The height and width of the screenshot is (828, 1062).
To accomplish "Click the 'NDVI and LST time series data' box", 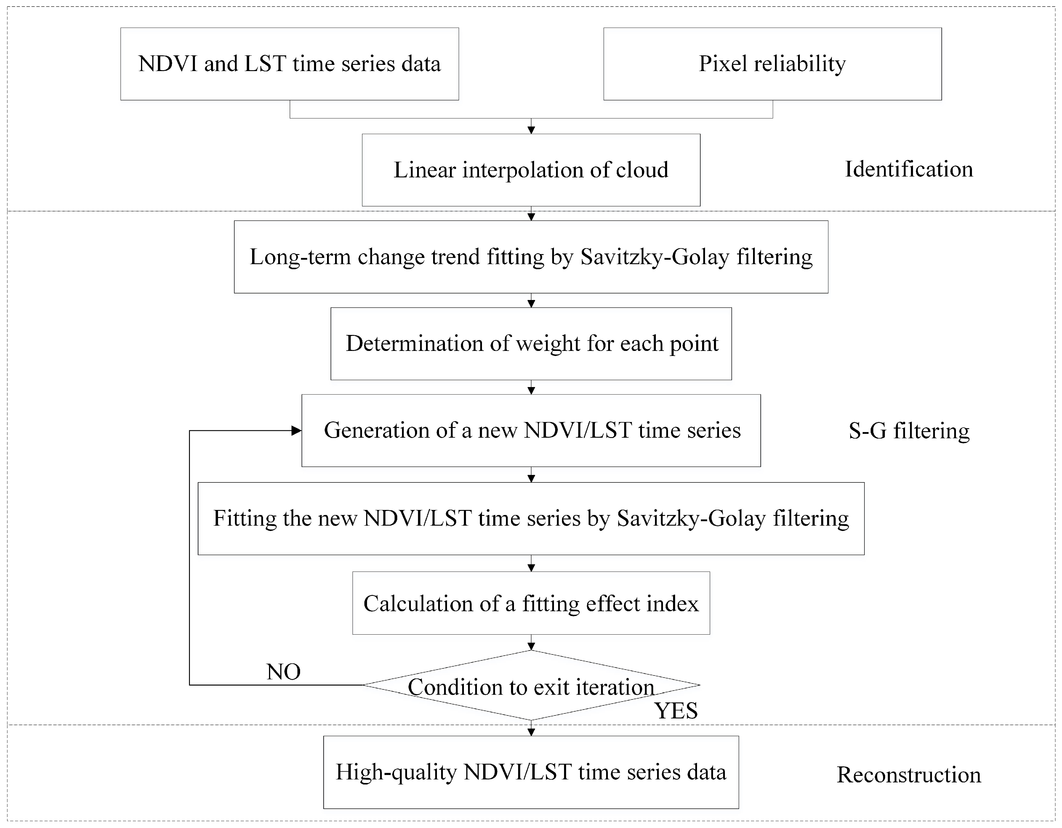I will tap(289, 64).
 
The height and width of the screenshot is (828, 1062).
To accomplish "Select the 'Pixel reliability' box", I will tap(772, 64).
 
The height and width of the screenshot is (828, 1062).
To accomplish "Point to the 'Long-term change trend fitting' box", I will tap(531, 257).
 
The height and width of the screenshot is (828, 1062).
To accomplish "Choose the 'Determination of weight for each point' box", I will tap(531, 343).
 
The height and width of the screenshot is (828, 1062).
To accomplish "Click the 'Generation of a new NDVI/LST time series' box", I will tap(531, 430).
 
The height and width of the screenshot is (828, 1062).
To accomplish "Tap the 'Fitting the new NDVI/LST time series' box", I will tap(531, 518).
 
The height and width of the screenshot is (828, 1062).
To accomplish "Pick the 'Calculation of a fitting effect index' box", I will tap(531, 603).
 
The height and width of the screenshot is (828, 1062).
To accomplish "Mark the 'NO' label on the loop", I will tap(283, 672).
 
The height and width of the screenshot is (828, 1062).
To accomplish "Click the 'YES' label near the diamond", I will tap(676, 711).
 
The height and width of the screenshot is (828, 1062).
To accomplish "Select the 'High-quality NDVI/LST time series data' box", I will tap(531, 772).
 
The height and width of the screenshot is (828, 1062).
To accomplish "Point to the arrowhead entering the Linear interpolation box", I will tap(531, 130).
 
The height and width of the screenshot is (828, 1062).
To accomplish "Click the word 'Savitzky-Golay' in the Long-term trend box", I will tap(654, 257).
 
